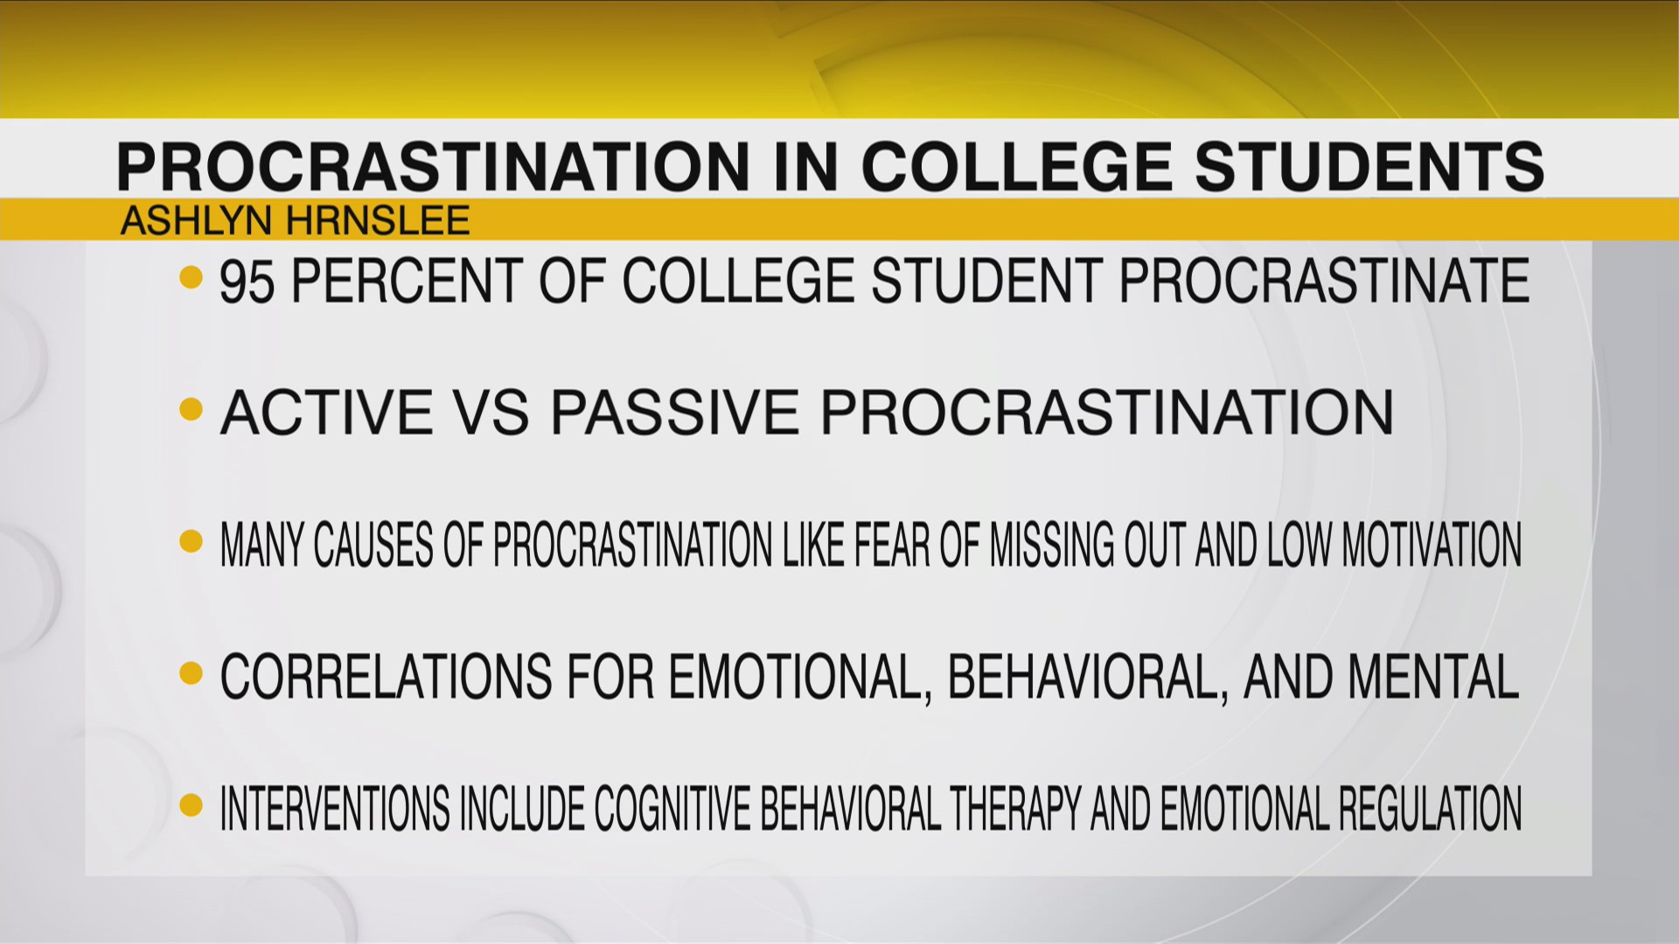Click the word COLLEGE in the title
pyautogui.click(x=1017, y=165)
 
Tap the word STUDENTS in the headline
pyautogui.click(x=1369, y=165)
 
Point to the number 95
pyautogui.click(x=247, y=281)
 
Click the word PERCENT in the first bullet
pyautogui.click(x=408, y=281)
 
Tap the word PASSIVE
pyautogui.click(x=673, y=413)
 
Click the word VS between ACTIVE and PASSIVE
pyautogui.click(x=493, y=413)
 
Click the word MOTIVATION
pyautogui.click(x=1432, y=545)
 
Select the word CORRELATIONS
pyautogui.click(x=386, y=677)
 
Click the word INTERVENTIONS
pyautogui.click(x=335, y=809)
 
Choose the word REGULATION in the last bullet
pyautogui.click(x=1430, y=809)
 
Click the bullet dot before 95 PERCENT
pyautogui.click(x=191, y=279)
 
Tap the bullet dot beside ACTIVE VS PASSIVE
pyautogui.click(x=191, y=410)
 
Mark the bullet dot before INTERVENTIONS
pyautogui.click(x=191, y=805)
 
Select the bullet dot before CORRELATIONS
pyautogui.click(x=191, y=674)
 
